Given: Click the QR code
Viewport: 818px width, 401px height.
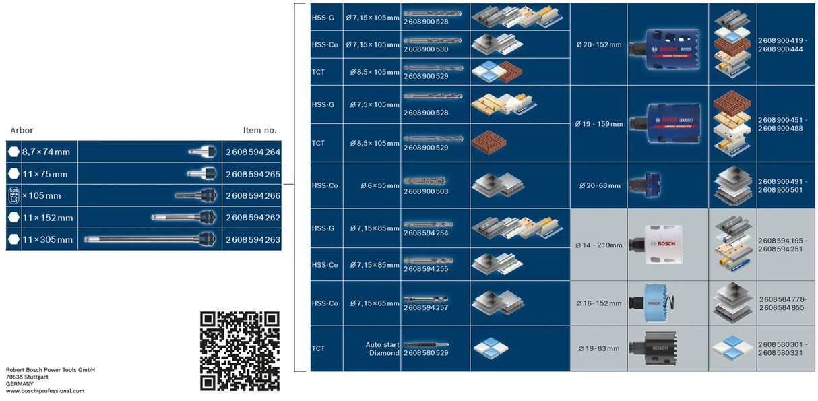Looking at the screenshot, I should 239,350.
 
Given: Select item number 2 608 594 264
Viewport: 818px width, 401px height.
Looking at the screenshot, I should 253,152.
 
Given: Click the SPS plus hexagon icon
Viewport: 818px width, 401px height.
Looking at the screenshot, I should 13,196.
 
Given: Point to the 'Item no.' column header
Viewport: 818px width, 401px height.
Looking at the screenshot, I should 259,131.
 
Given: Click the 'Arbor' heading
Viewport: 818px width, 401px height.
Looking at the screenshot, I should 22,131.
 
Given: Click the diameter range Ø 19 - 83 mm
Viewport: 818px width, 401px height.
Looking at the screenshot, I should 598,348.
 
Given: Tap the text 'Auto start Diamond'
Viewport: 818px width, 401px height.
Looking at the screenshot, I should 382,348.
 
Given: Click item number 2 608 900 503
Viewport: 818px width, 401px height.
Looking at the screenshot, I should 425,191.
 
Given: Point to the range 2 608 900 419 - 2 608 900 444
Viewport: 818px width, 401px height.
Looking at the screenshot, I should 780,45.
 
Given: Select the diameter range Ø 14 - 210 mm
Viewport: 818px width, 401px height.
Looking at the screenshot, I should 599,245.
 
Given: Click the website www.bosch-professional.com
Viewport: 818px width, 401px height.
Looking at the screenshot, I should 45,391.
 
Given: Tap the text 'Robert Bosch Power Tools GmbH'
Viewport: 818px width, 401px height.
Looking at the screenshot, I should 51,370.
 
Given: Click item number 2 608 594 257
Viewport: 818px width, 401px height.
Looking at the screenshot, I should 425,308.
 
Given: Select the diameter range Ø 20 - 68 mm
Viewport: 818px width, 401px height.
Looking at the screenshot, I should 598,185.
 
